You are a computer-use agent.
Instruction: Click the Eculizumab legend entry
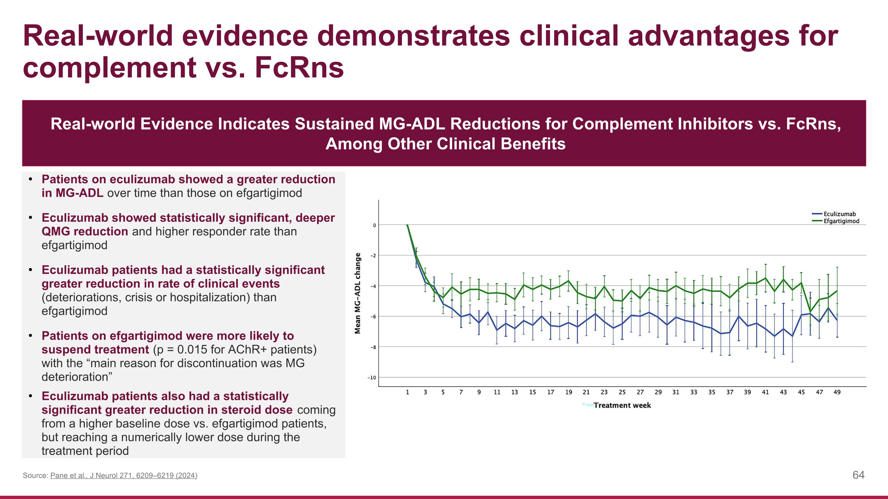point(839,214)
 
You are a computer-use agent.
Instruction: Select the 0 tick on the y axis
point(374,225)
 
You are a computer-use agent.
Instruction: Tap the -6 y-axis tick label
point(373,316)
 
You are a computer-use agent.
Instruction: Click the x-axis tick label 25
point(622,392)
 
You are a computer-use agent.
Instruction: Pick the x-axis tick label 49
point(837,392)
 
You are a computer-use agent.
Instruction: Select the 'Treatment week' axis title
point(622,405)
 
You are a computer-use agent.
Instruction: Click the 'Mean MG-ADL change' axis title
point(358,293)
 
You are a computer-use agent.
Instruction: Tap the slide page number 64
point(858,475)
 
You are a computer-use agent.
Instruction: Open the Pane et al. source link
point(123,476)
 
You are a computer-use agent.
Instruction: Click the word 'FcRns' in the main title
point(299,67)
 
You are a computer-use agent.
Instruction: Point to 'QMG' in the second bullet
point(56,231)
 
